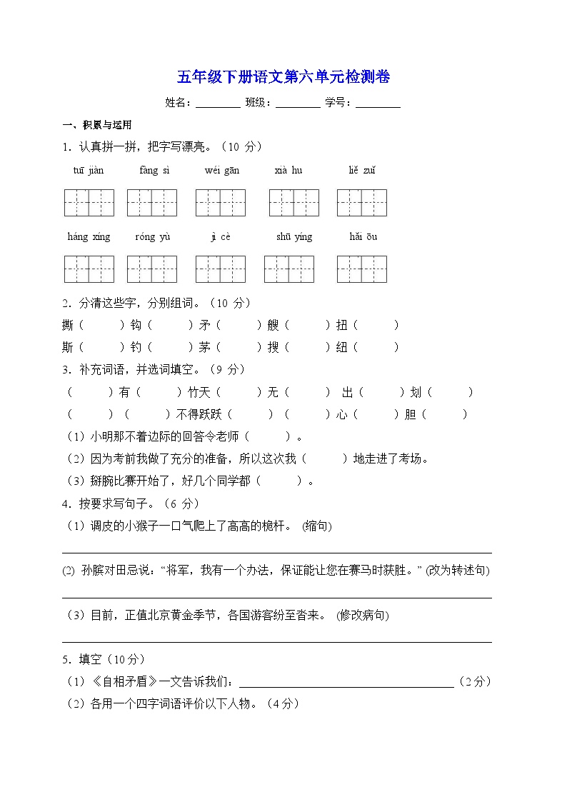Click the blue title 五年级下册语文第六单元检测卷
coord(283,77)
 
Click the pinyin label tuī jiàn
coord(89,170)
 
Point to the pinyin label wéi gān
coord(222,170)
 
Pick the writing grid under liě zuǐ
coord(362,203)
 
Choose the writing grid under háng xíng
coord(89,269)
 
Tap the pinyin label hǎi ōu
coord(363,236)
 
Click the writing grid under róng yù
coord(152,269)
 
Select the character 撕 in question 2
coord(68,326)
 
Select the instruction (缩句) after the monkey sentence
coord(316,526)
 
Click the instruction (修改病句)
coord(362,615)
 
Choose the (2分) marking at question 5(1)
coord(475,682)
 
